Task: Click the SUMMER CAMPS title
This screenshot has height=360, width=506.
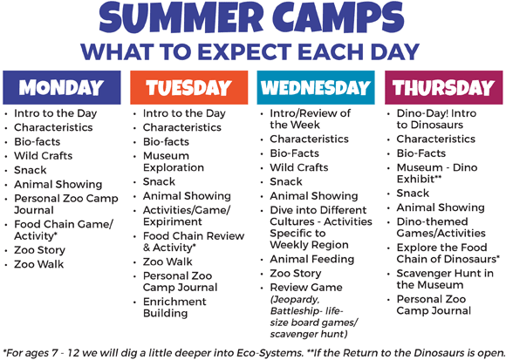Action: (253, 20)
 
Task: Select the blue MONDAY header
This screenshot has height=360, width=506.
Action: (61, 87)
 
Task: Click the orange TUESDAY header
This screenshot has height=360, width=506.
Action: (188, 87)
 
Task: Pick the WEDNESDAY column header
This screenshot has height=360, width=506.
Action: (315, 87)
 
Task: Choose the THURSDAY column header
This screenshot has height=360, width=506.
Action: (443, 87)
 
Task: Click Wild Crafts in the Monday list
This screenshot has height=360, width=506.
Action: (44, 156)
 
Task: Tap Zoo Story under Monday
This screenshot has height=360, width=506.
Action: (39, 250)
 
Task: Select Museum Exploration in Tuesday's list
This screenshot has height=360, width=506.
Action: (174, 161)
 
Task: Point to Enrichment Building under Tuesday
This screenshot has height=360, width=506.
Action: (174, 307)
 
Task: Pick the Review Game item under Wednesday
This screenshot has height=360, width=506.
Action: (305, 287)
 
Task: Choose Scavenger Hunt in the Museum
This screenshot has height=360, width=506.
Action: (445, 279)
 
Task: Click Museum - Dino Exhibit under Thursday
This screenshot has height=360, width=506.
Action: (439, 173)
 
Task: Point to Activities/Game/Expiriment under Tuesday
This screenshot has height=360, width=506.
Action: (186, 216)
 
